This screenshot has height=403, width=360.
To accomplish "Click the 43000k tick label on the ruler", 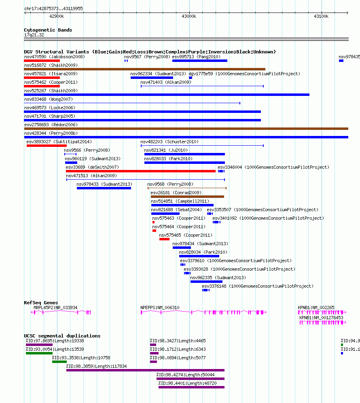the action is coord(189,17).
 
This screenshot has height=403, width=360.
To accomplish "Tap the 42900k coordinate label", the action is coord(57,17).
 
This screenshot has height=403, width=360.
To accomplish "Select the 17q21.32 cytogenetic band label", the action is coord(34,35).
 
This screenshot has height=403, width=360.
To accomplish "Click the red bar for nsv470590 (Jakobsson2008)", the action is coord(42,61).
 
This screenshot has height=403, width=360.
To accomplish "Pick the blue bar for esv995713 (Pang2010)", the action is coord(200,61).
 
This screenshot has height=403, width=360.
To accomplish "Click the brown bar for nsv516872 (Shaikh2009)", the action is coord(144,69).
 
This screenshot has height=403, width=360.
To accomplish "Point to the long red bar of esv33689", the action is coord(140,171).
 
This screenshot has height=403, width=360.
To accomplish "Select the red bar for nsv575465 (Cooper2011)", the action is coord(164,239).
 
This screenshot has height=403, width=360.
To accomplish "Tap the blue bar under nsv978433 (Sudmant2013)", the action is coord(104,188).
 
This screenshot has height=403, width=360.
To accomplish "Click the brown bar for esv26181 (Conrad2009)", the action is coord(187,197).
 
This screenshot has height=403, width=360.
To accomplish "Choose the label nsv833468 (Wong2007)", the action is coord(49,99).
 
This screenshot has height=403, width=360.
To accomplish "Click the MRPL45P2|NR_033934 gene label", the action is coord(55,308).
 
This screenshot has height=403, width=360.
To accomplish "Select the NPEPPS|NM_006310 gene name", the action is coord(160,308).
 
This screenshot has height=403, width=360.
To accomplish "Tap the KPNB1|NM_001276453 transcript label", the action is coord(321,318).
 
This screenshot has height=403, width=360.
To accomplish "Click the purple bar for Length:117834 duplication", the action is coord(146,370).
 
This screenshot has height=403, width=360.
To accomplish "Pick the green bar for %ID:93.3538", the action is coord(59,362).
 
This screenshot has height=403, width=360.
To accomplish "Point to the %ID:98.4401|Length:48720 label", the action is coord(187,383).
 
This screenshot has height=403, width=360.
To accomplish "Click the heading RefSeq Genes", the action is coord(41,303).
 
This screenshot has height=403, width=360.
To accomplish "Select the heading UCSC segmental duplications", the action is coord(62,336).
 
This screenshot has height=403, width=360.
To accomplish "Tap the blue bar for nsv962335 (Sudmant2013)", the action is coord(206,282).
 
